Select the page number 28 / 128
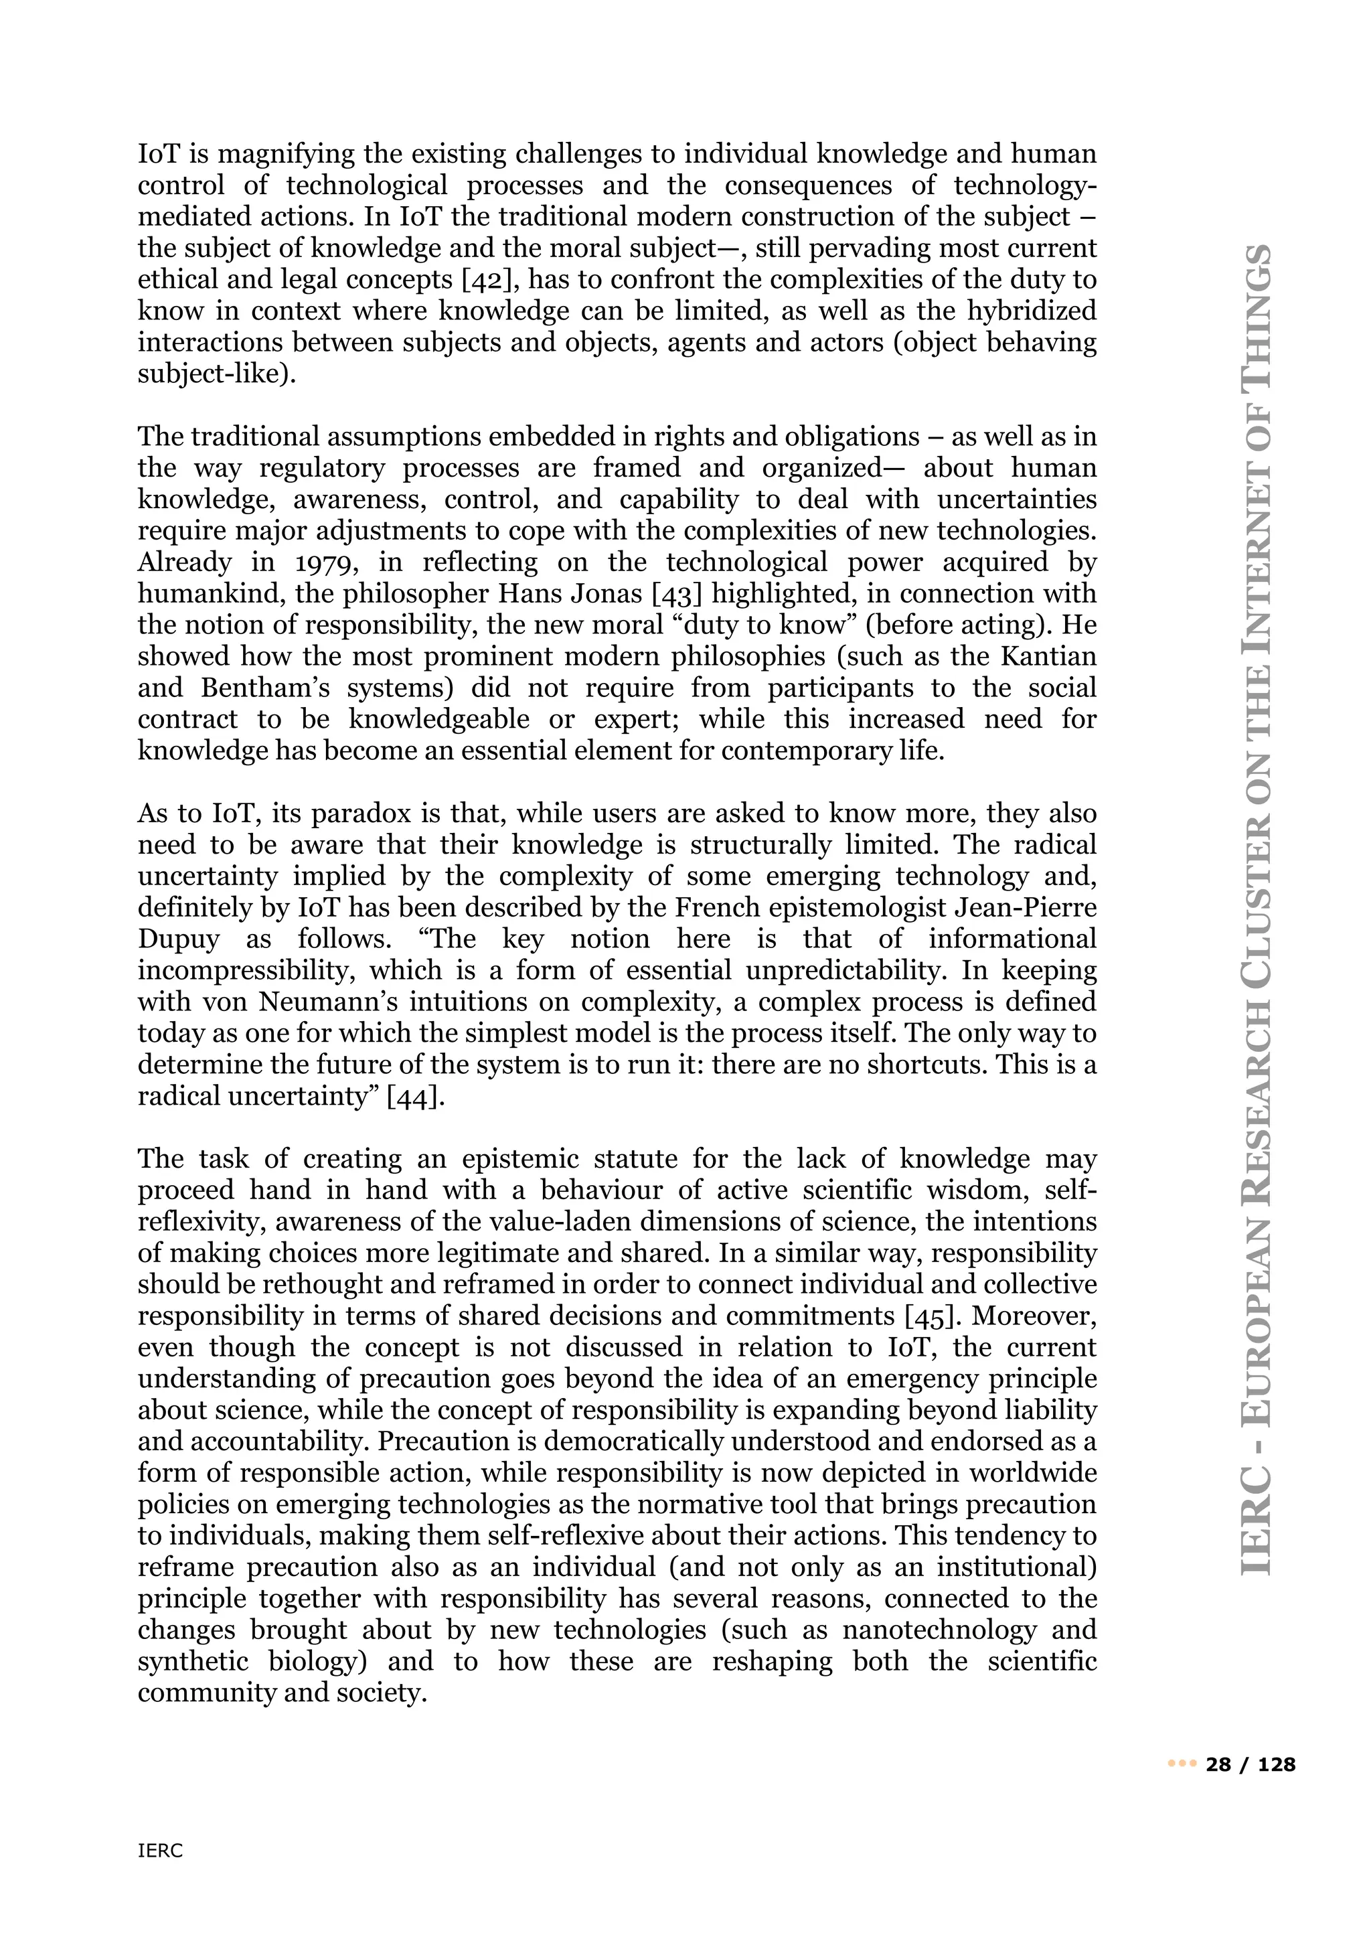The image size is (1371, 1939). click(x=1251, y=1764)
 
